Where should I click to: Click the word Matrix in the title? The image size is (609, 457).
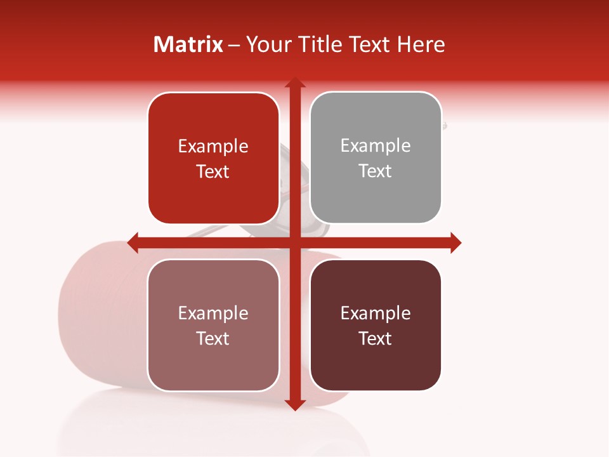tap(188, 44)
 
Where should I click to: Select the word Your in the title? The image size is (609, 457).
tap(265, 44)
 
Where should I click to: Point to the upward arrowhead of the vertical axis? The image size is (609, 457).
tap(294, 84)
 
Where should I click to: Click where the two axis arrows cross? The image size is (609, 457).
tap(294, 242)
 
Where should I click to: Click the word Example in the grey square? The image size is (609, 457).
tap(376, 146)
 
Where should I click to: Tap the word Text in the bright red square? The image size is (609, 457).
tap(213, 172)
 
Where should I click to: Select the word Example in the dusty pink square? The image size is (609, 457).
tap(213, 313)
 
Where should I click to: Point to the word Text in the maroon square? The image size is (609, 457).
tap(376, 338)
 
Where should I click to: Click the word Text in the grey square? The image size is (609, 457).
tap(376, 171)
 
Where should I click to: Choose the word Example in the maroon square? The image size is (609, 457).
tap(376, 313)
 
